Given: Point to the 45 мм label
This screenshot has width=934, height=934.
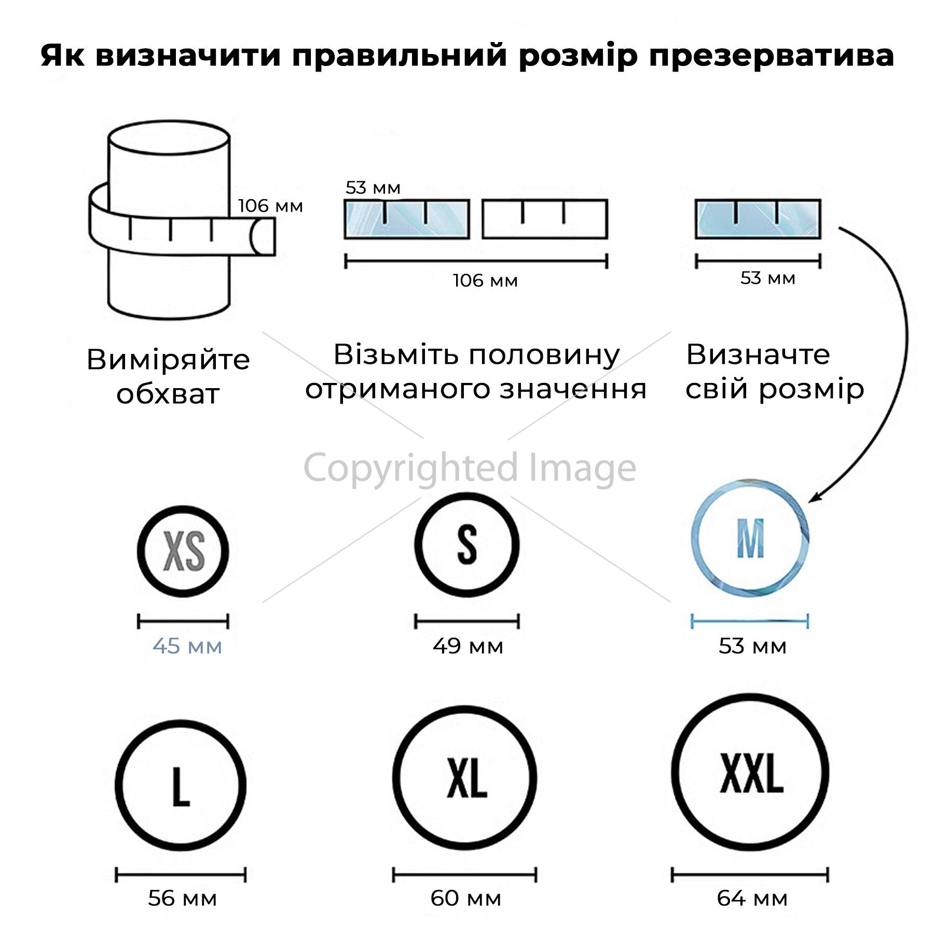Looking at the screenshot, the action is (x=187, y=647).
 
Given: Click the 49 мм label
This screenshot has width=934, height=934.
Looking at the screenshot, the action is (x=468, y=647).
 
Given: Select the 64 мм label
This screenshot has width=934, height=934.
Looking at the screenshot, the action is (x=752, y=898).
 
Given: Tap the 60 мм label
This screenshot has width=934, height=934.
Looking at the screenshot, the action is (x=465, y=898).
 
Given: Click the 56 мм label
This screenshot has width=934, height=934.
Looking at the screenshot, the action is (x=182, y=898).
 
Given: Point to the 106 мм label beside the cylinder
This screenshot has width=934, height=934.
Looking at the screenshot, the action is (x=270, y=206).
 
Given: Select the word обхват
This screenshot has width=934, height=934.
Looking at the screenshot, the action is (x=168, y=394).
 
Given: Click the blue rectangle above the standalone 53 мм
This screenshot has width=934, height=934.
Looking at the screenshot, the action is (x=758, y=219).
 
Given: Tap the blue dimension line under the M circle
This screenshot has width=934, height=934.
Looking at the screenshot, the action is (x=750, y=621).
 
